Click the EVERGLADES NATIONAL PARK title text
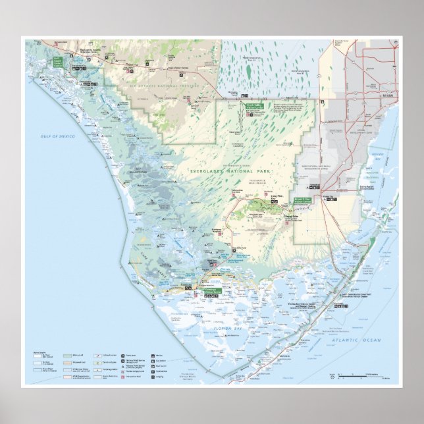click(x=218, y=171)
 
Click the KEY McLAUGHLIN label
click(x=139, y=169)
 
